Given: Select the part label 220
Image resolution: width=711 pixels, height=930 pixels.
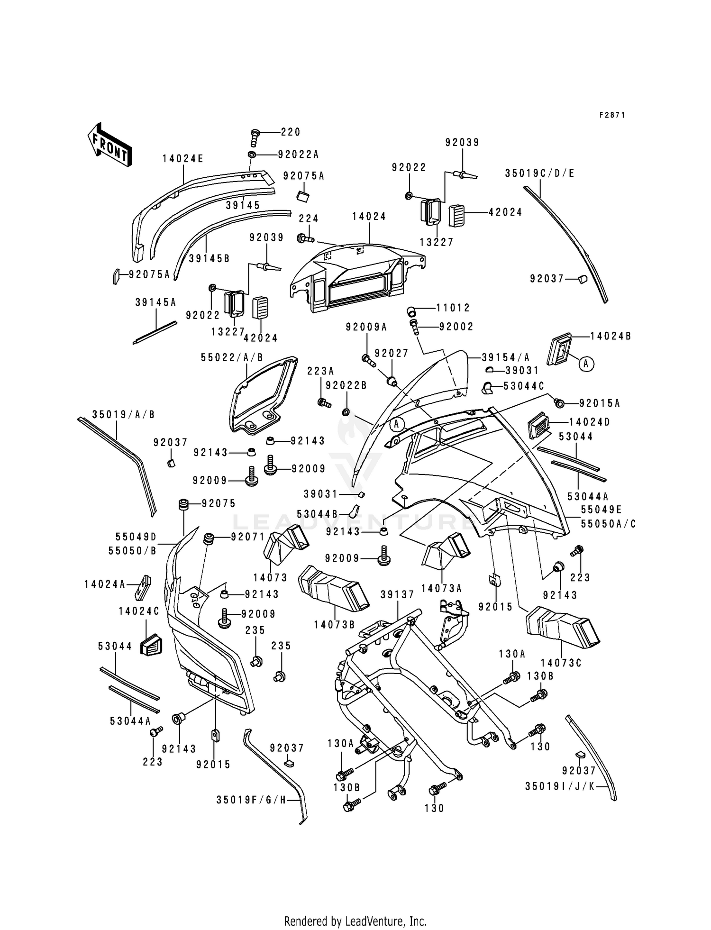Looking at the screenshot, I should click(290, 132).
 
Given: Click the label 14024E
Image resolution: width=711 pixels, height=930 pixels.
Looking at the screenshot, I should click(183, 159).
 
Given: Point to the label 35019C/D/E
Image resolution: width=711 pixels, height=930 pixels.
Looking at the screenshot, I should click(539, 173).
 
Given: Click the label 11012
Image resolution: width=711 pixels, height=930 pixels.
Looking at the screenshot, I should click(453, 308).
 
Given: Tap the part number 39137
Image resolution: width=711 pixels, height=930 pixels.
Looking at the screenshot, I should click(397, 595).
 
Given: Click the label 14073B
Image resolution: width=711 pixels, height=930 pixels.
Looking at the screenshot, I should click(334, 625).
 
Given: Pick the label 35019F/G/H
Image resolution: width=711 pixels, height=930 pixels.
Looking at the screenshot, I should click(252, 800).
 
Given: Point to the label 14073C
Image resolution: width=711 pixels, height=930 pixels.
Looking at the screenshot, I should click(561, 663).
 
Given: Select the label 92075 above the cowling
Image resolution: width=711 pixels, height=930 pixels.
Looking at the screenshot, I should click(219, 503).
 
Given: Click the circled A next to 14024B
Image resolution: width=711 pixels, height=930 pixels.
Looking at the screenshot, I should click(586, 364).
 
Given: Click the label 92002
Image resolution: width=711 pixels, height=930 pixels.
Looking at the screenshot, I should click(456, 327).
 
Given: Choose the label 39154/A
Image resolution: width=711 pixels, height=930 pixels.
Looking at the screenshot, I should click(505, 357).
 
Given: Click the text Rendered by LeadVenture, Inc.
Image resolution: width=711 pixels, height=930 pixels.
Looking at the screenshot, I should click(355, 921).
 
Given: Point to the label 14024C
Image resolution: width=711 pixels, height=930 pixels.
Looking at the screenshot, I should click(139, 611).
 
